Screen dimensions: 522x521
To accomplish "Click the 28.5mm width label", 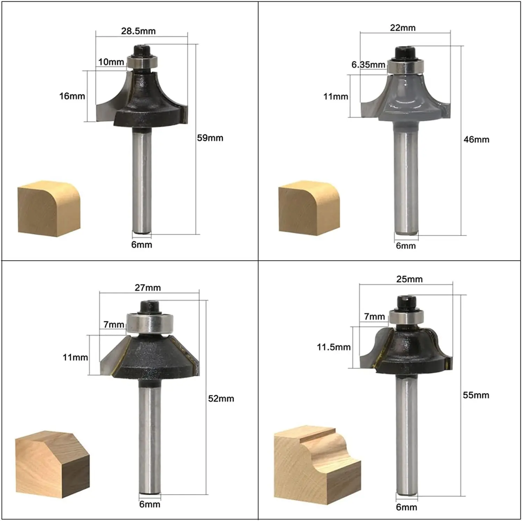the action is tap(138, 31).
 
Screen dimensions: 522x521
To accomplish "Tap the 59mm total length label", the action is tap(210, 138).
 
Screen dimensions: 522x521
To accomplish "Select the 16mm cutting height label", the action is tap(72, 96).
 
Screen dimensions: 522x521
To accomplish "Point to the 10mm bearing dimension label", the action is tap(111, 62).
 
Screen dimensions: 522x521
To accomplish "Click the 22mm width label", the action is tap(403, 28).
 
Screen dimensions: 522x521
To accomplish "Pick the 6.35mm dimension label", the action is tap(368, 65).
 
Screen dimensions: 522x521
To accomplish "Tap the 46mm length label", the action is tap(476, 140).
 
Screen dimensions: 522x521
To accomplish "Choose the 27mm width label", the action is tap(148, 288).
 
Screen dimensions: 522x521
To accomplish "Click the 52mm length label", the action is tap(221, 399).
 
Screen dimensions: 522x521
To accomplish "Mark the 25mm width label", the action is tap(409, 279).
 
